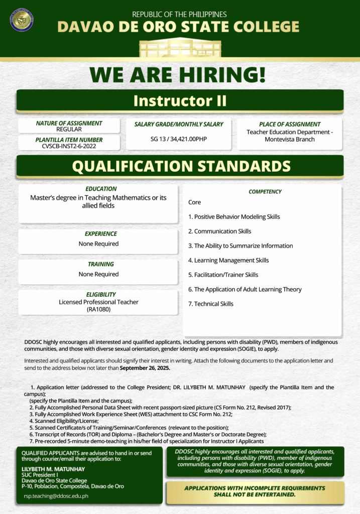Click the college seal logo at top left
point(22,20)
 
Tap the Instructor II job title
point(180,100)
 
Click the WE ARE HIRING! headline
point(178,74)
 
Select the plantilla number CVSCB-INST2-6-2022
point(69,146)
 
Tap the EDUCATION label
point(101,189)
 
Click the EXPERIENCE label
point(101,233)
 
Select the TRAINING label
point(101,264)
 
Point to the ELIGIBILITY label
point(101,294)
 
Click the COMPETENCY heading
point(265,192)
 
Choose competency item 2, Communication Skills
point(219,231)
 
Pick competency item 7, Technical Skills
point(211,304)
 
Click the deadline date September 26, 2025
point(145,368)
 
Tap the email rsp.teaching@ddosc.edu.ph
point(56,496)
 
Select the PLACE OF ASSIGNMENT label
point(290,124)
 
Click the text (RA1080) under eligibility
point(98,309)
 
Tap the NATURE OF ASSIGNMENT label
point(69,123)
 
